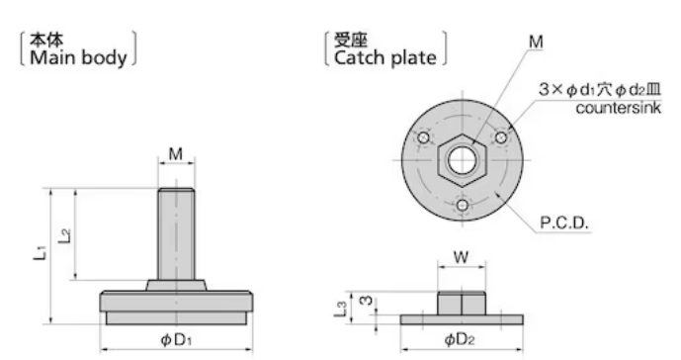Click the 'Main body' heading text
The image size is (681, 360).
(78, 57)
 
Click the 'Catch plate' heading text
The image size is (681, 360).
(385, 57)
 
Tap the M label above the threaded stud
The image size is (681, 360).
(176, 154)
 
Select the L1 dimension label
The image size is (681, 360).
(40, 252)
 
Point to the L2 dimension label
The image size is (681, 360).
(64, 235)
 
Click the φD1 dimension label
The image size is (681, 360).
(176, 339)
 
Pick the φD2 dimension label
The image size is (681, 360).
(460, 339)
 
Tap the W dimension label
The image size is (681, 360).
(462, 257)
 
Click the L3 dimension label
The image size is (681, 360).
(341, 309)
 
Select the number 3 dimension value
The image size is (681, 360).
(367, 300)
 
